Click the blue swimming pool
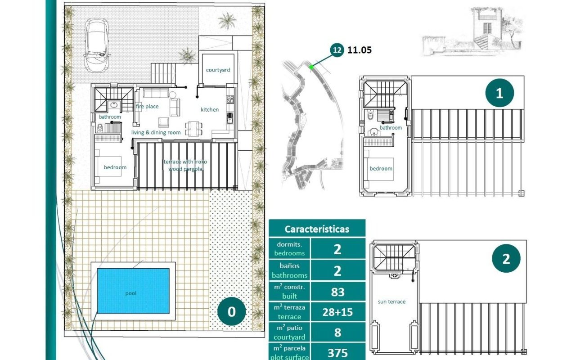tap(133, 291)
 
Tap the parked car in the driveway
tap(97, 45)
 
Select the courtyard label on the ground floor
tap(218, 70)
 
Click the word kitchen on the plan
tap(210, 109)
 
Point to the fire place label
tap(147, 107)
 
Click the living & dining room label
tap(156, 132)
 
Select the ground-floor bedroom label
tap(115, 167)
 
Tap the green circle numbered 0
tap(231, 311)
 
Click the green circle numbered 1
tap(499, 93)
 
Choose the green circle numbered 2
tap(506, 258)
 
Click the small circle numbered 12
tap(337, 50)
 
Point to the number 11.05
tap(360, 50)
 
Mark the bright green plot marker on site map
tap(311, 67)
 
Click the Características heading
tap(317, 229)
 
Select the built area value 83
tap(337, 292)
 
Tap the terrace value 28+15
tap(337, 312)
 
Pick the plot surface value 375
tap(337, 353)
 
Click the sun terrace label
tap(391, 301)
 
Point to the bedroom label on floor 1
tap(381, 168)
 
